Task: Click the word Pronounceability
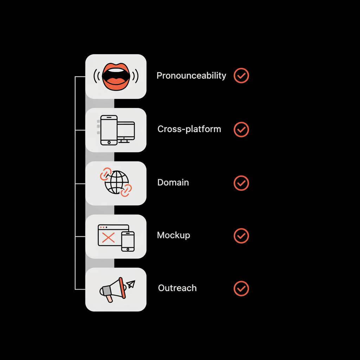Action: [191, 76]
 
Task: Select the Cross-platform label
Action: [189, 129]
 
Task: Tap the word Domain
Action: [173, 182]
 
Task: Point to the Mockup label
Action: [173, 235]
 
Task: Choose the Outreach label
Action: [177, 288]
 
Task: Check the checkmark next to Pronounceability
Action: [241, 76]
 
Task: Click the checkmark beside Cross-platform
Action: [241, 129]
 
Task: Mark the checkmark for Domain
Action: [241, 183]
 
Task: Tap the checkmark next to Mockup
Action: [241, 236]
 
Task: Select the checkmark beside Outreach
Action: [241, 288]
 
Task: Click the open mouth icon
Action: [116, 76]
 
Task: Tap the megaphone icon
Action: [112, 289]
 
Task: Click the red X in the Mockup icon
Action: [108, 238]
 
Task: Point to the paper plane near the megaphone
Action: [131, 284]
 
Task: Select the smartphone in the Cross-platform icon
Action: [109, 130]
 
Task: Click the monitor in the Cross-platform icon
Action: [126, 131]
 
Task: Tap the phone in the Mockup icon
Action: [128, 241]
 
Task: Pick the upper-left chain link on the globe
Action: [105, 174]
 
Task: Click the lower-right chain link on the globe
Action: [126, 190]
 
